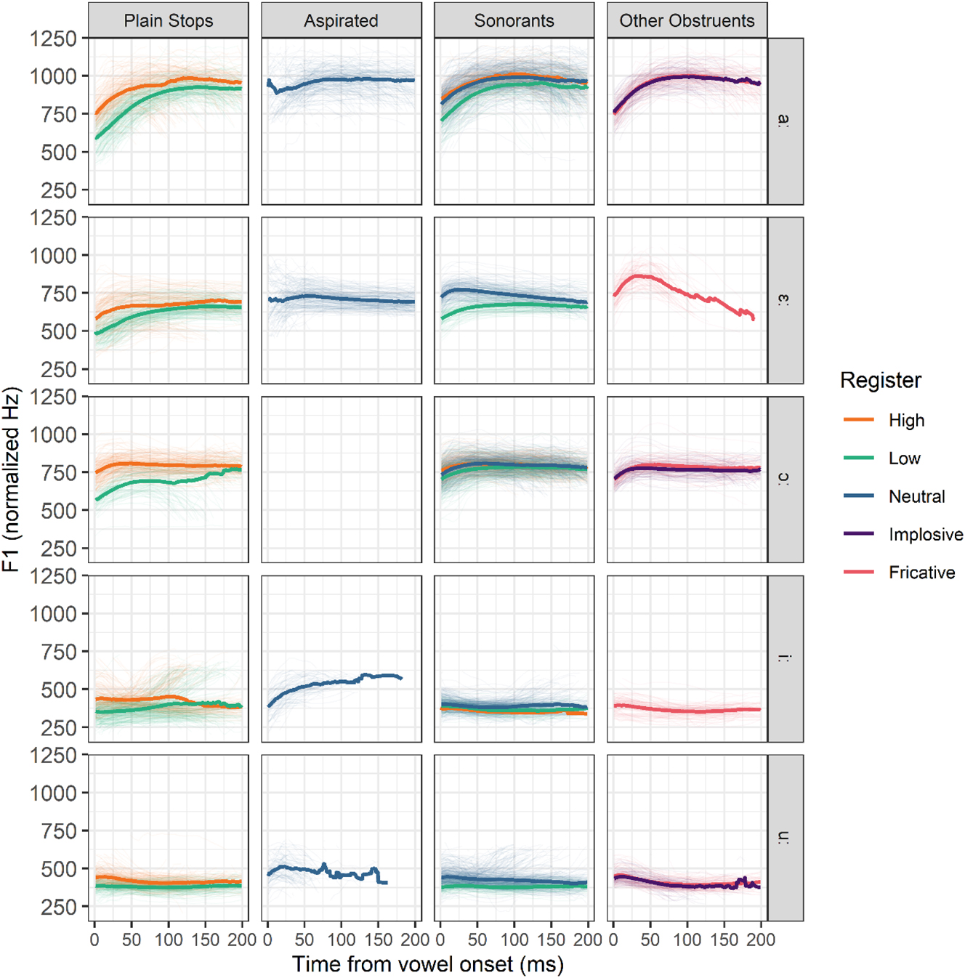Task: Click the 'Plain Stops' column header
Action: (x=168, y=20)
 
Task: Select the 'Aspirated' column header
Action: (x=341, y=20)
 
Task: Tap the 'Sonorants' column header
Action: (x=514, y=20)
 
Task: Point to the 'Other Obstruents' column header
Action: (x=687, y=20)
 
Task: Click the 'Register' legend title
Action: (x=880, y=380)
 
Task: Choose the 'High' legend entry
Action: (x=905, y=421)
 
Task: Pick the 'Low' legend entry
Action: (x=904, y=458)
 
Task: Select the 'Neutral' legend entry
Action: (x=916, y=497)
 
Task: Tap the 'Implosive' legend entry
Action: (x=925, y=535)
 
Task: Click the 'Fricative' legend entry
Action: (x=921, y=573)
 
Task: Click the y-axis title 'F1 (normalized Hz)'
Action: (x=11, y=480)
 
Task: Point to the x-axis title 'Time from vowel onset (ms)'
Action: (x=427, y=964)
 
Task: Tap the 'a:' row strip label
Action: (x=785, y=121)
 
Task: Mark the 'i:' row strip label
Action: (x=785, y=658)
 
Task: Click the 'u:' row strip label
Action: (x=785, y=837)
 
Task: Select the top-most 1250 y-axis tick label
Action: (x=53, y=39)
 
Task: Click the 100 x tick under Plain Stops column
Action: (x=169, y=939)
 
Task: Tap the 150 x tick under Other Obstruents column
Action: (x=724, y=939)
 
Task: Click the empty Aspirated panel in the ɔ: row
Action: (x=341, y=480)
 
